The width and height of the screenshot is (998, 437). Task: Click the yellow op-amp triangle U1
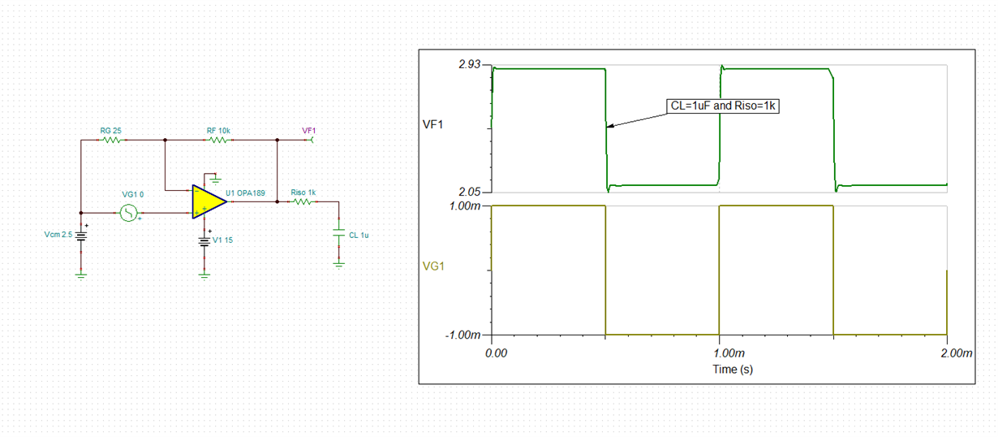coord(209,201)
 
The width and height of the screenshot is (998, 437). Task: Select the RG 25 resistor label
coord(110,131)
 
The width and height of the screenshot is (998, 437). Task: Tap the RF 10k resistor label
coord(218,131)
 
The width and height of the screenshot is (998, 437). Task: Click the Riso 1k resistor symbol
coord(303,202)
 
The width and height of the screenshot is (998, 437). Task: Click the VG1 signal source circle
coord(128,213)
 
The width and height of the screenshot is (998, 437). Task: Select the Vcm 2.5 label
coord(58,235)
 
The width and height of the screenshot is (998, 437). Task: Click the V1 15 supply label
coord(223,240)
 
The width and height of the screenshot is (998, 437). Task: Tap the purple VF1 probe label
coord(309,131)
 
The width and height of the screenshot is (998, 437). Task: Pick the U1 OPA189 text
coord(246,193)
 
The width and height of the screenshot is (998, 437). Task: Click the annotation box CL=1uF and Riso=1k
coord(723,106)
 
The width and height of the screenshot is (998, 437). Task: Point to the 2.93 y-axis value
coord(470,64)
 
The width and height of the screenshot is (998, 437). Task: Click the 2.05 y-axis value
coord(470,193)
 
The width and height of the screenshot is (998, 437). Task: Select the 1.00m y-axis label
coord(465,206)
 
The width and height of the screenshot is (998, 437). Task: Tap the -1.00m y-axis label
coord(462,335)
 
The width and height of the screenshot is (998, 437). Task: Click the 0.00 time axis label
coord(496,353)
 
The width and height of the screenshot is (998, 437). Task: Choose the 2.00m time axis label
coord(956,353)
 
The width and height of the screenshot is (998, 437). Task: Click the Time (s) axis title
coord(733,370)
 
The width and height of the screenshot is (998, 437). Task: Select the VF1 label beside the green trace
coord(432,124)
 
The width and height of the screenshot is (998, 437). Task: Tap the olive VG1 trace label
coord(433,266)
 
